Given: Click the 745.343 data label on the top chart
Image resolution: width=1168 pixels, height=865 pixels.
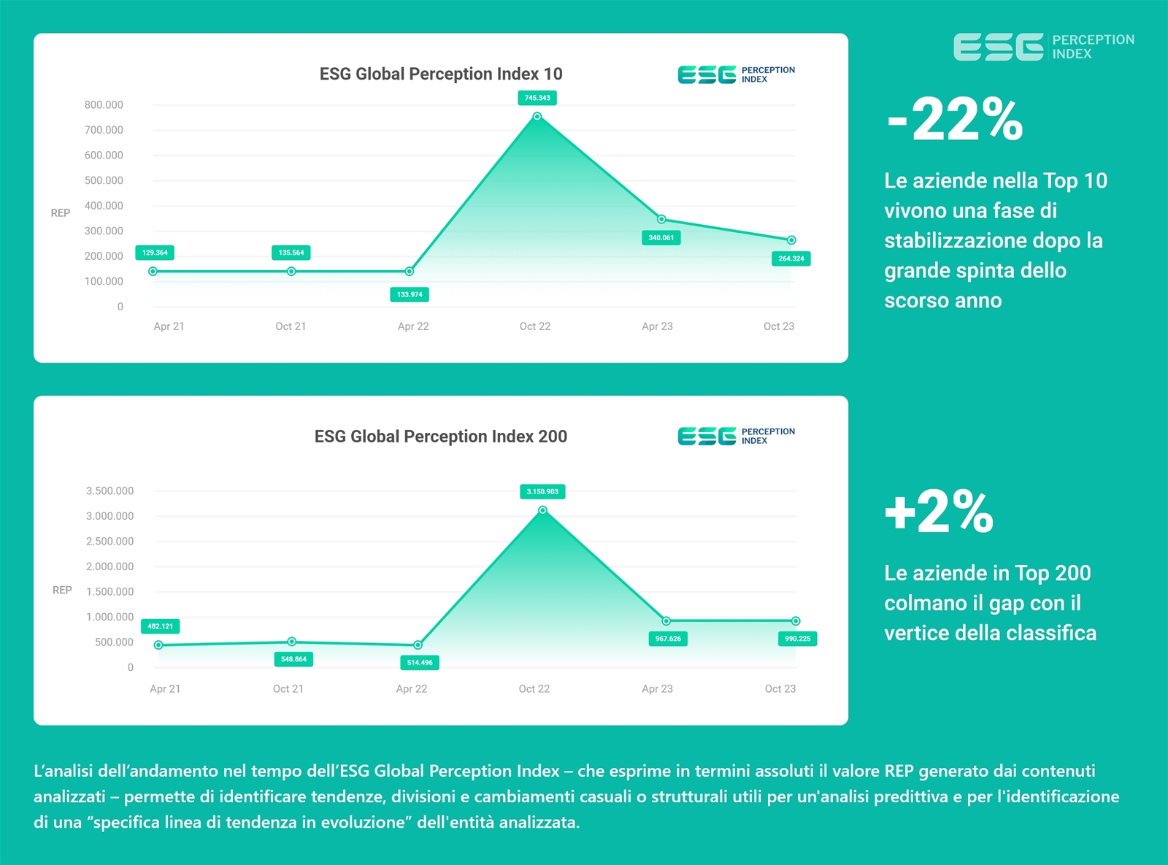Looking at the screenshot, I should pos(537,98).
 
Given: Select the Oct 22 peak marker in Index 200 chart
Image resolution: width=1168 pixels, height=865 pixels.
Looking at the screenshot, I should pos(542,510).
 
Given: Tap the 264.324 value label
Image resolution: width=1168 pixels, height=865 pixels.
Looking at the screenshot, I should pos(791,258).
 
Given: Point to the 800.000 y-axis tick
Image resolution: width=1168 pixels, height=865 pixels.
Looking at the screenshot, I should pos(104,105).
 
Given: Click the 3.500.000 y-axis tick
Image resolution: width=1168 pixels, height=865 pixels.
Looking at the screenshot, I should pos(109,491).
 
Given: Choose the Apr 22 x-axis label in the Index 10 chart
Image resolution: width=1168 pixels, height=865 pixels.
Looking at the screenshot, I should pos(413,326).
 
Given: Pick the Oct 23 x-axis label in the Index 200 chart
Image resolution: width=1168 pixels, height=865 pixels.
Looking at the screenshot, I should pos(780,688).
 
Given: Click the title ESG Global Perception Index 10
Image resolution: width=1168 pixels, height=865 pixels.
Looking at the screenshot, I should pos(441,74).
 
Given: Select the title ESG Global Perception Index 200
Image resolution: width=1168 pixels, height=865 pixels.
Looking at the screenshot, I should pos(441,437).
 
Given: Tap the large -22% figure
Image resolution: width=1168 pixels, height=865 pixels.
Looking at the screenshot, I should pos(955,120).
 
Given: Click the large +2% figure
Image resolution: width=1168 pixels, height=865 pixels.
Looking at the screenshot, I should pos(939,511).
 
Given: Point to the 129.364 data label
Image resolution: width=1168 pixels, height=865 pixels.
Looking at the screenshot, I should pos(155,253).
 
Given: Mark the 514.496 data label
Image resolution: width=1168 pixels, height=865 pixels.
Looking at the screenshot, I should pos(420,663).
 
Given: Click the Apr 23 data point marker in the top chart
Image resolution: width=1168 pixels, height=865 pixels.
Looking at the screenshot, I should pos(661,219).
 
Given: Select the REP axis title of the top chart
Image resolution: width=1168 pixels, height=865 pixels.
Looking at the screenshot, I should pos(61,213).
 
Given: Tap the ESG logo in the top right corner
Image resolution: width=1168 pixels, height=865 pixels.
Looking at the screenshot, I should pos(1043,47).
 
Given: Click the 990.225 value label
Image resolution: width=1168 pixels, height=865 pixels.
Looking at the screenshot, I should pos(797,639).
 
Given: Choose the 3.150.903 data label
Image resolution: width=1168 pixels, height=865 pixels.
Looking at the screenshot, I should pos(542,491).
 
